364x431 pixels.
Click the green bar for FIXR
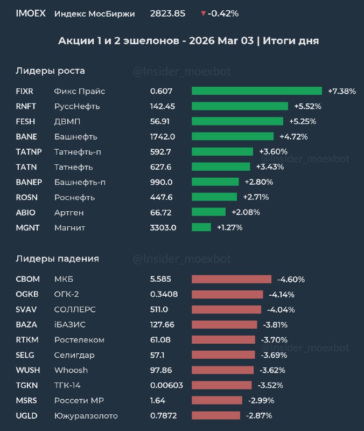click(x=256, y=91)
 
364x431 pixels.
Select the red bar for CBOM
click(x=232, y=279)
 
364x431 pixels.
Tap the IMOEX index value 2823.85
click(x=167, y=13)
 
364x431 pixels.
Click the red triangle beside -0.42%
click(x=203, y=13)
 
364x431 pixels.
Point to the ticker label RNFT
click(x=27, y=106)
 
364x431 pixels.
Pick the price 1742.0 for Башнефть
click(x=163, y=136)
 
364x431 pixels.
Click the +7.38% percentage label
click(x=341, y=91)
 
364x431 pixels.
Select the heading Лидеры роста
click(x=50, y=71)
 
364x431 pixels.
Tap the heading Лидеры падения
click(x=57, y=259)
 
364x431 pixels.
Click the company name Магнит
click(x=69, y=227)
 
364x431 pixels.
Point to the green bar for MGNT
click(x=201, y=227)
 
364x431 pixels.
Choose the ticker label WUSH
click(x=28, y=370)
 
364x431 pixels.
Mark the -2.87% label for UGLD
click(x=258, y=415)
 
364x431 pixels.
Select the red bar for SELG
click(x=223, y=355)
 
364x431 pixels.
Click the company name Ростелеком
click(x=79, y=340)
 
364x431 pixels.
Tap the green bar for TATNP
click(x=222, y=151)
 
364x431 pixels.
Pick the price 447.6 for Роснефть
click(x=161, y=197)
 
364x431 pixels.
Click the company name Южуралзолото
click(x=86, y=415)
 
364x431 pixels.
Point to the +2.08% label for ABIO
click(x=246, y=212)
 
